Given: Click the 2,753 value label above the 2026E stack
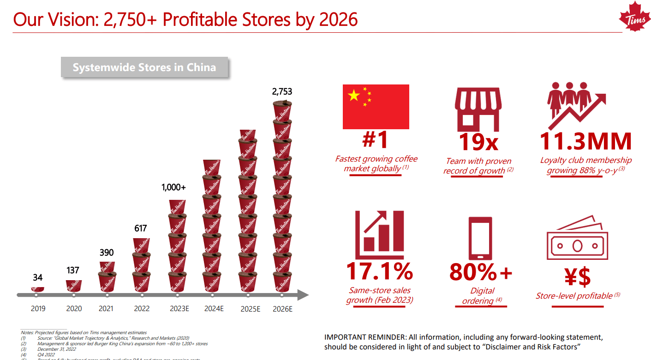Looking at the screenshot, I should [x=282, y=92].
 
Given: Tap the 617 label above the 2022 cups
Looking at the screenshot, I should [x=140, y=228].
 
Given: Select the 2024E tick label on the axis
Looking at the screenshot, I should [x=214, y=309].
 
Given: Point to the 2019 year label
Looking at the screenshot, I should [x=38, y=309].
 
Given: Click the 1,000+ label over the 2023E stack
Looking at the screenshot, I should [x=173, y=187].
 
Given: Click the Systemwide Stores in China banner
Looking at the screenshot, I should [x=144, y=67].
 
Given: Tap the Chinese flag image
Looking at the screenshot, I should [x=376, y=107].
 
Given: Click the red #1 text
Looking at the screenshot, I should [x=375, y=140].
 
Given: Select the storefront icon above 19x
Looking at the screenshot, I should [x=478, y=110].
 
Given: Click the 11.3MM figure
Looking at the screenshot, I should [x=585, y=141].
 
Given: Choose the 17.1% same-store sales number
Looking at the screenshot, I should [x=379, y=271].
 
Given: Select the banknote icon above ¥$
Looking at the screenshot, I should [x=577, y=242].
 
